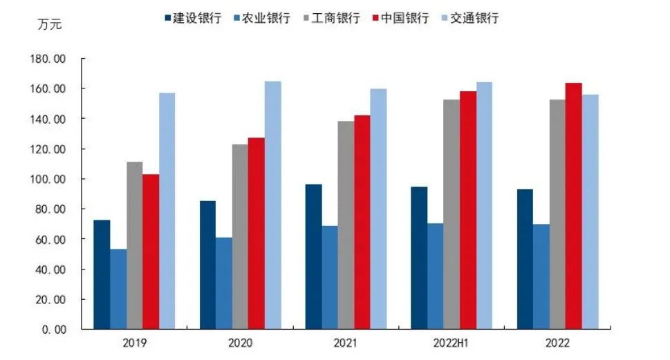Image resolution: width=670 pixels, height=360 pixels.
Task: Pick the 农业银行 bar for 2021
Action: point(331,277)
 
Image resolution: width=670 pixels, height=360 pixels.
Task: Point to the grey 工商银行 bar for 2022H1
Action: point(452,214)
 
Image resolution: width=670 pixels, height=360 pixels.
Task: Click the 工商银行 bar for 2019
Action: point(135,245)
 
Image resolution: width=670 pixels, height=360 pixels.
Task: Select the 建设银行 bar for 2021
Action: point(314,256)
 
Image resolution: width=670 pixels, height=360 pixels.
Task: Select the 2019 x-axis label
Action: point(135,343)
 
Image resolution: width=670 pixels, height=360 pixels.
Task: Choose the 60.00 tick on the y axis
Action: point(51,240)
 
